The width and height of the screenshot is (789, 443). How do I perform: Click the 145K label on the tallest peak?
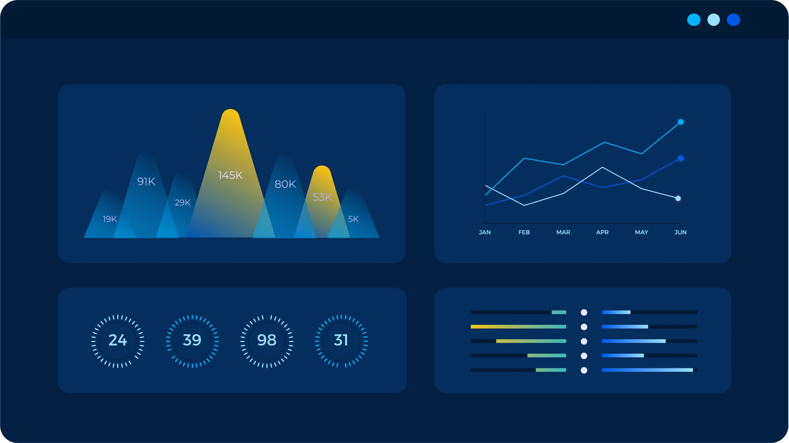(230, 175)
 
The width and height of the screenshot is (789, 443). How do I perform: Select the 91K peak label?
(146, 181)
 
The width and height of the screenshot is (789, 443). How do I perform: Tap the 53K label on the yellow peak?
(322, 197)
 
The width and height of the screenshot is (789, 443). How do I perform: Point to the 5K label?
(353, 219)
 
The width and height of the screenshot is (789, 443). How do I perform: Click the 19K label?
(110, 219)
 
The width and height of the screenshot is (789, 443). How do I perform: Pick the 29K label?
(182, 202)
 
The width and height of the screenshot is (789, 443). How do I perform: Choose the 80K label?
(285, 184)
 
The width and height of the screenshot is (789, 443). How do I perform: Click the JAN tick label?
(485, 232)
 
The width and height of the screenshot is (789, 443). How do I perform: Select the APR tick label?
(602, 232)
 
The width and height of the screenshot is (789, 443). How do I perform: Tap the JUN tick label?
(681, 232)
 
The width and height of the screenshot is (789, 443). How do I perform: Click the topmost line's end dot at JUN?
(681, 122)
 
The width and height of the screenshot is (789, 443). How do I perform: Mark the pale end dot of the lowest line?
(678, 198)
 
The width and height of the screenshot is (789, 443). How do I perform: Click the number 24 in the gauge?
(118, 340)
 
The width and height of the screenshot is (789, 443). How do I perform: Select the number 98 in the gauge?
(267, 340)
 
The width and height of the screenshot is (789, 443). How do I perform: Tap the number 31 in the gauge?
(341, 340)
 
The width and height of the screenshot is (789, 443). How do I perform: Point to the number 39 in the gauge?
(192, 340)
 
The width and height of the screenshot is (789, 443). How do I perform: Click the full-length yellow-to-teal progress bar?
(518, 327)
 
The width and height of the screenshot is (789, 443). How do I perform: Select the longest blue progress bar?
(647, 370)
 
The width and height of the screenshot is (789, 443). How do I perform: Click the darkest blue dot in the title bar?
(733, 20)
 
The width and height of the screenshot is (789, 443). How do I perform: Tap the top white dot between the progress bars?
(584, 312)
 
